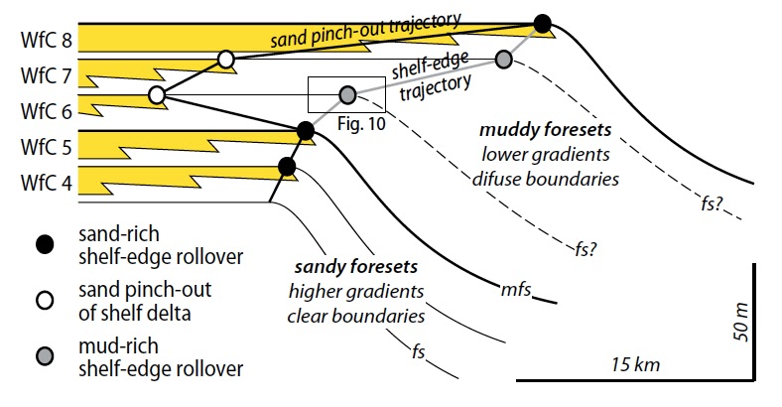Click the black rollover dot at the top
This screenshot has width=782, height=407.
[x=542, y=23]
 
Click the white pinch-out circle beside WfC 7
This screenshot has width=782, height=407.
[x=225, y=61]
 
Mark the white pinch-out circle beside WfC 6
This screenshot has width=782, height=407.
[x=156, y=95]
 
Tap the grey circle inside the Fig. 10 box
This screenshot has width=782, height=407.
[x=347, y=95]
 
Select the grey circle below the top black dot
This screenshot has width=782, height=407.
[x=504, y=60]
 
